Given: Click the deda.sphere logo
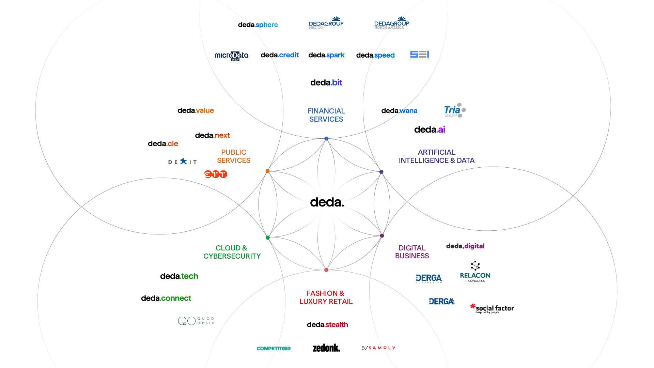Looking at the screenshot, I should [258, 25].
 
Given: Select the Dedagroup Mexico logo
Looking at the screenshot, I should [326, 23].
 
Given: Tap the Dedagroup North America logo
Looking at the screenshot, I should [392, 23].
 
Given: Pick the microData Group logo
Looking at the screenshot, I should [231, 56].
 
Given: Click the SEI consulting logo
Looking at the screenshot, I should [419, 55].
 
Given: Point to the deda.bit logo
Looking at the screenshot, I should [326, 82].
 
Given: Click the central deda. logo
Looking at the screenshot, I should [327, 202].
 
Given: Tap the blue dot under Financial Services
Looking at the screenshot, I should [326, 139].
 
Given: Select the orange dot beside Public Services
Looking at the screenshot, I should [267, 171].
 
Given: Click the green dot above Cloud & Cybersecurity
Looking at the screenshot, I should [267, 237].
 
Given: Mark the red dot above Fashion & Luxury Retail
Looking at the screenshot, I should [326, 270].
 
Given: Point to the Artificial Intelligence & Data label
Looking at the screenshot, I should [436, 156].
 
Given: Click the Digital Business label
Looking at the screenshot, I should [412, 252].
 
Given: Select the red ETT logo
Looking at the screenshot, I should [215, 174].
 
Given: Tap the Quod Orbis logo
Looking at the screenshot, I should [196, 321].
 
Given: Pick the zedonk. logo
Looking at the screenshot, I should [326, 348].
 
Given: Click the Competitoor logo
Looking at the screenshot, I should [274, 349].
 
